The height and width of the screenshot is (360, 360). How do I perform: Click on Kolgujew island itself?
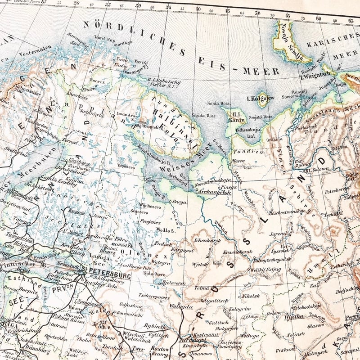262,99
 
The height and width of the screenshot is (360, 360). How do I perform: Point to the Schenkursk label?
209,241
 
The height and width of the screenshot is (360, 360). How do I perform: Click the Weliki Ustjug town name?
265,269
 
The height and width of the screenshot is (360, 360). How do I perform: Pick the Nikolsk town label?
251,297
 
